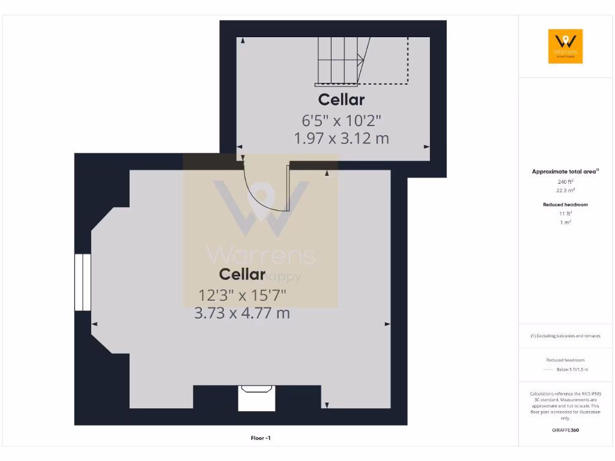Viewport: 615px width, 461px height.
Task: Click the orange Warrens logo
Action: [565, 46]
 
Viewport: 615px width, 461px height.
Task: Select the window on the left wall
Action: [82, 282]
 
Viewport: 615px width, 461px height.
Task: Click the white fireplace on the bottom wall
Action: [256, 398]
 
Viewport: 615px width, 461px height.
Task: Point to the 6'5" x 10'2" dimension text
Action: [341, 121]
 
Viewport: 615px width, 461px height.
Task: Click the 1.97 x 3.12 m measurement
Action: [341, 139]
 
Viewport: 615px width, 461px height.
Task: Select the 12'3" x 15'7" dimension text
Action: [242, 295]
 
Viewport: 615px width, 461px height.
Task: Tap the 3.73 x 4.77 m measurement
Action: [242, 313]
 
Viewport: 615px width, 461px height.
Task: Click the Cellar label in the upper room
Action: [341, 99]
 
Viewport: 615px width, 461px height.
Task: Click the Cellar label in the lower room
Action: [242, 274]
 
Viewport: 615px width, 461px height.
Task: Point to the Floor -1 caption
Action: [261, 438]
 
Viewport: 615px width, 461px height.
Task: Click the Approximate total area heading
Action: [565, 172]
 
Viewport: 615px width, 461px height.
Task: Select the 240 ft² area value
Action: [565, 181]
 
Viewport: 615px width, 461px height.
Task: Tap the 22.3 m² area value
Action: [565, 190]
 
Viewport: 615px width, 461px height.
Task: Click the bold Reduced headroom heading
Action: [565, 205]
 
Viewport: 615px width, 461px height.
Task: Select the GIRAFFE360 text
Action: [565, 430]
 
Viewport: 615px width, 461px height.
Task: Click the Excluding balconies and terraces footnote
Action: [565, 336]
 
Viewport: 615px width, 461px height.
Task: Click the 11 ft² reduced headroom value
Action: [565, 213]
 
